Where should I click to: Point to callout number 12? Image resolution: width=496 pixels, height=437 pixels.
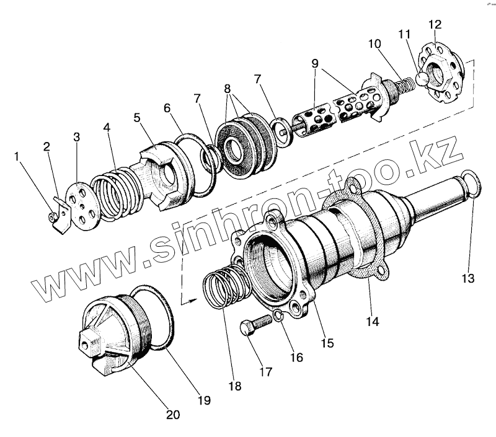tap(435, 24)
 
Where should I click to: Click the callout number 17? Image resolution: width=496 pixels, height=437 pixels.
tap(265, 372)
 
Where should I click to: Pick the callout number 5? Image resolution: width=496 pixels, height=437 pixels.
tap(137, 118)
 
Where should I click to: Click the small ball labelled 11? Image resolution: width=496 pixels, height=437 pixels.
tap(422, 79)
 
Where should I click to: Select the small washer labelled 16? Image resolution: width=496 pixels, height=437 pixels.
tap(278, 317)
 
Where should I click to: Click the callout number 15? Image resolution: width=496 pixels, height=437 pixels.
tap(327, 342)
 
